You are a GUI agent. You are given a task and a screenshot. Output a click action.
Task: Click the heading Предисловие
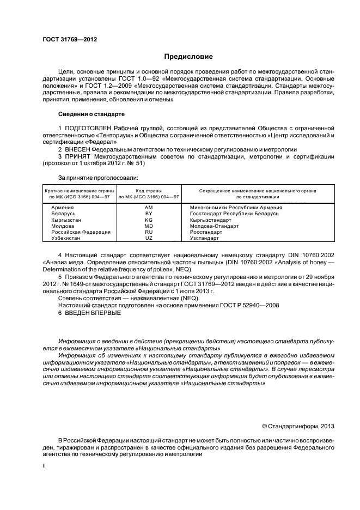coord(188,57)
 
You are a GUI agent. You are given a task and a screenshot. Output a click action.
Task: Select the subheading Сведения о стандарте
coord(91,114)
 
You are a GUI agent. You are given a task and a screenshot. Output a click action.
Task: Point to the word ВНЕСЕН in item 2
coord(77,149)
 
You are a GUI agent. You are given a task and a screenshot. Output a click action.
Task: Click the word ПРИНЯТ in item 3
coord(77,156)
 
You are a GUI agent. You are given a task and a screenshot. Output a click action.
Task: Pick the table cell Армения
coord(63,208)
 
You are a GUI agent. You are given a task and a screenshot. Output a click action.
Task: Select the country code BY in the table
coord(149,214)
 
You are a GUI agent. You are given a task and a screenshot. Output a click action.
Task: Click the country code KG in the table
coord(149,220)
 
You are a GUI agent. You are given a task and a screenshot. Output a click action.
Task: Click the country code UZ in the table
coord(149,238)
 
